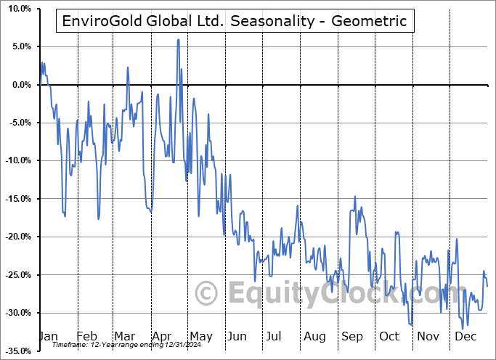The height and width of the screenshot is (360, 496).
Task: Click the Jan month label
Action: coord(47,336)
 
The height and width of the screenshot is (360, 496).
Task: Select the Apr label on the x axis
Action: coord(163,336)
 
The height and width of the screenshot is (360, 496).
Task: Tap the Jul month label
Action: coord(275,336)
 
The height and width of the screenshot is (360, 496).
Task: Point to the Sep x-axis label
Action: coord(352,336)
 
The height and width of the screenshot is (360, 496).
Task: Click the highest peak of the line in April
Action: coord(178,40)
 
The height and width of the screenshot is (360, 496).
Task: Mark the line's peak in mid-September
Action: coord(354,197)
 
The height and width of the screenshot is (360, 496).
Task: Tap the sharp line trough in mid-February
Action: coord(99,218)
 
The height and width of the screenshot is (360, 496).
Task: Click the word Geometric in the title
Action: coord(370,21)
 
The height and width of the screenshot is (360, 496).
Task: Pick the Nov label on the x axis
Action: coord(430,336)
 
